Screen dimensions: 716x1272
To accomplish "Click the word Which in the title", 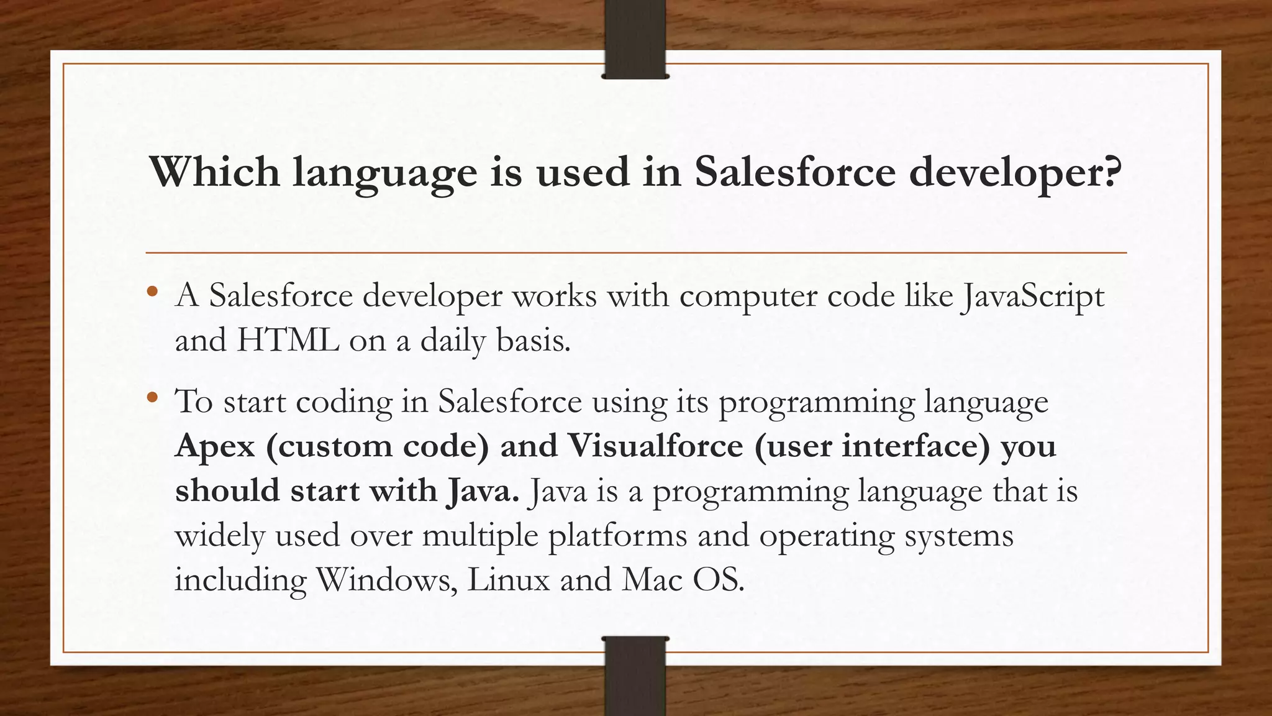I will (214, 172).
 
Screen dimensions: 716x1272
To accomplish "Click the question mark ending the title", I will (1112, 172).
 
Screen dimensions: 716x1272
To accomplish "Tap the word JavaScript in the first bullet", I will (1032, 297).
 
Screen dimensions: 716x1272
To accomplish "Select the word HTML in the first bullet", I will (288, 341).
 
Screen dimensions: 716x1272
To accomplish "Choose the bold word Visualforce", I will (655, 446).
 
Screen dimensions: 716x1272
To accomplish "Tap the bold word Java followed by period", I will (482, 492).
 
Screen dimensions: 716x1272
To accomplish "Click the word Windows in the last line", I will (385, 580).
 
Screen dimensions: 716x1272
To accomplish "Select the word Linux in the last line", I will (509, 580).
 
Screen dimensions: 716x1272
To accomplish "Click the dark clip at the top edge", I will (635, 39).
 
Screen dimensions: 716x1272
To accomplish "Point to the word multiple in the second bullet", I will (480, 536).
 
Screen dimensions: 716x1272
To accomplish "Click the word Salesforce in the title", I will (795, 172).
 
